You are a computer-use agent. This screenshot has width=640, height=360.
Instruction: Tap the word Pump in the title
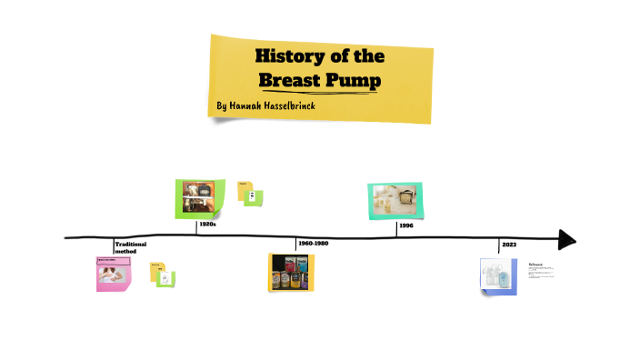pos(355,81)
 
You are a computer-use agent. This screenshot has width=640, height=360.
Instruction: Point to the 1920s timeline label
pos(206,224)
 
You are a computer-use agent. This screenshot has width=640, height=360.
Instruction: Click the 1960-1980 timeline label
pos(313,244)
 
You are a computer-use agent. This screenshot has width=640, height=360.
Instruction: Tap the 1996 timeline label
pos(405,225)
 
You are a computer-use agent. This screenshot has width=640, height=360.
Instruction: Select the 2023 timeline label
pos(508,245)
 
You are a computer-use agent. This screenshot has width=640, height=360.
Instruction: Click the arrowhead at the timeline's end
pos(566,239)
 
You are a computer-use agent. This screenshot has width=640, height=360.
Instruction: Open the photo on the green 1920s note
pos(199,195)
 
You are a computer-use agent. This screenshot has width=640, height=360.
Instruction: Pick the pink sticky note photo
pos(115,274)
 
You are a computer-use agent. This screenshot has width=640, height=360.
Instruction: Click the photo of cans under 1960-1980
pos(291,272)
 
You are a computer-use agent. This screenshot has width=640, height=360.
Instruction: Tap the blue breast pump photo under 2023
pos(497,275)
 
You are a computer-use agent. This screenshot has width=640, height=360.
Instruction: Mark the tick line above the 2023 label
pos(500,245)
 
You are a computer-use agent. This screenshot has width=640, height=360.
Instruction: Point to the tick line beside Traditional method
pos(114,245)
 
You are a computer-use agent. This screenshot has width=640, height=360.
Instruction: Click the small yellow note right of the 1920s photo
pos(244,188)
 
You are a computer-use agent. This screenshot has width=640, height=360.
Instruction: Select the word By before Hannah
pos(222,107)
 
